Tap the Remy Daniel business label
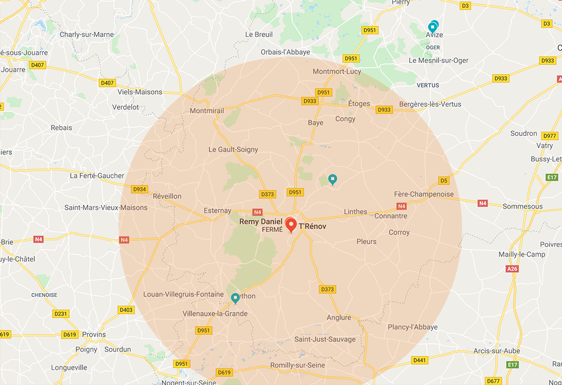pyautogui.click(x=261, y=222)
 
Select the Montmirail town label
pyautogui.click(x=207, y=111)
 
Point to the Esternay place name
pyautogui.click(x=217, y=211)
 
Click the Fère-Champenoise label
pyautogui.click(x=423, y=194)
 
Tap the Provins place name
pyautogui.click(x=94, y=334)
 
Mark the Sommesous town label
pyautogui.click(x=523, y=207)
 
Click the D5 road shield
pyautogui.click(x=444, y=180)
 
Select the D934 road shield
pyautogui.click(x=139, y=189)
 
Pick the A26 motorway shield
pyautogui.click(x=511, y=269)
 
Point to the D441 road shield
pyautogui.click(x=419, y=360)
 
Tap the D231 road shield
pyautogui.click(x=61, y=313)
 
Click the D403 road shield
pyautogui.click(x=126, y=310)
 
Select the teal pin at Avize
pyautogui.click(x=433, y=26)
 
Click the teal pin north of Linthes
pyautogui.click(x=332, y=180)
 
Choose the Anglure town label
pyautogui.click(x=339, y=318)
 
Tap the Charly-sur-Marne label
pyautogui.click(x=86, y=35)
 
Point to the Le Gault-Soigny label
pyautogui.click(x=234, y=150)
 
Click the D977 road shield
pyautogui.click(x=550, y=136)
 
